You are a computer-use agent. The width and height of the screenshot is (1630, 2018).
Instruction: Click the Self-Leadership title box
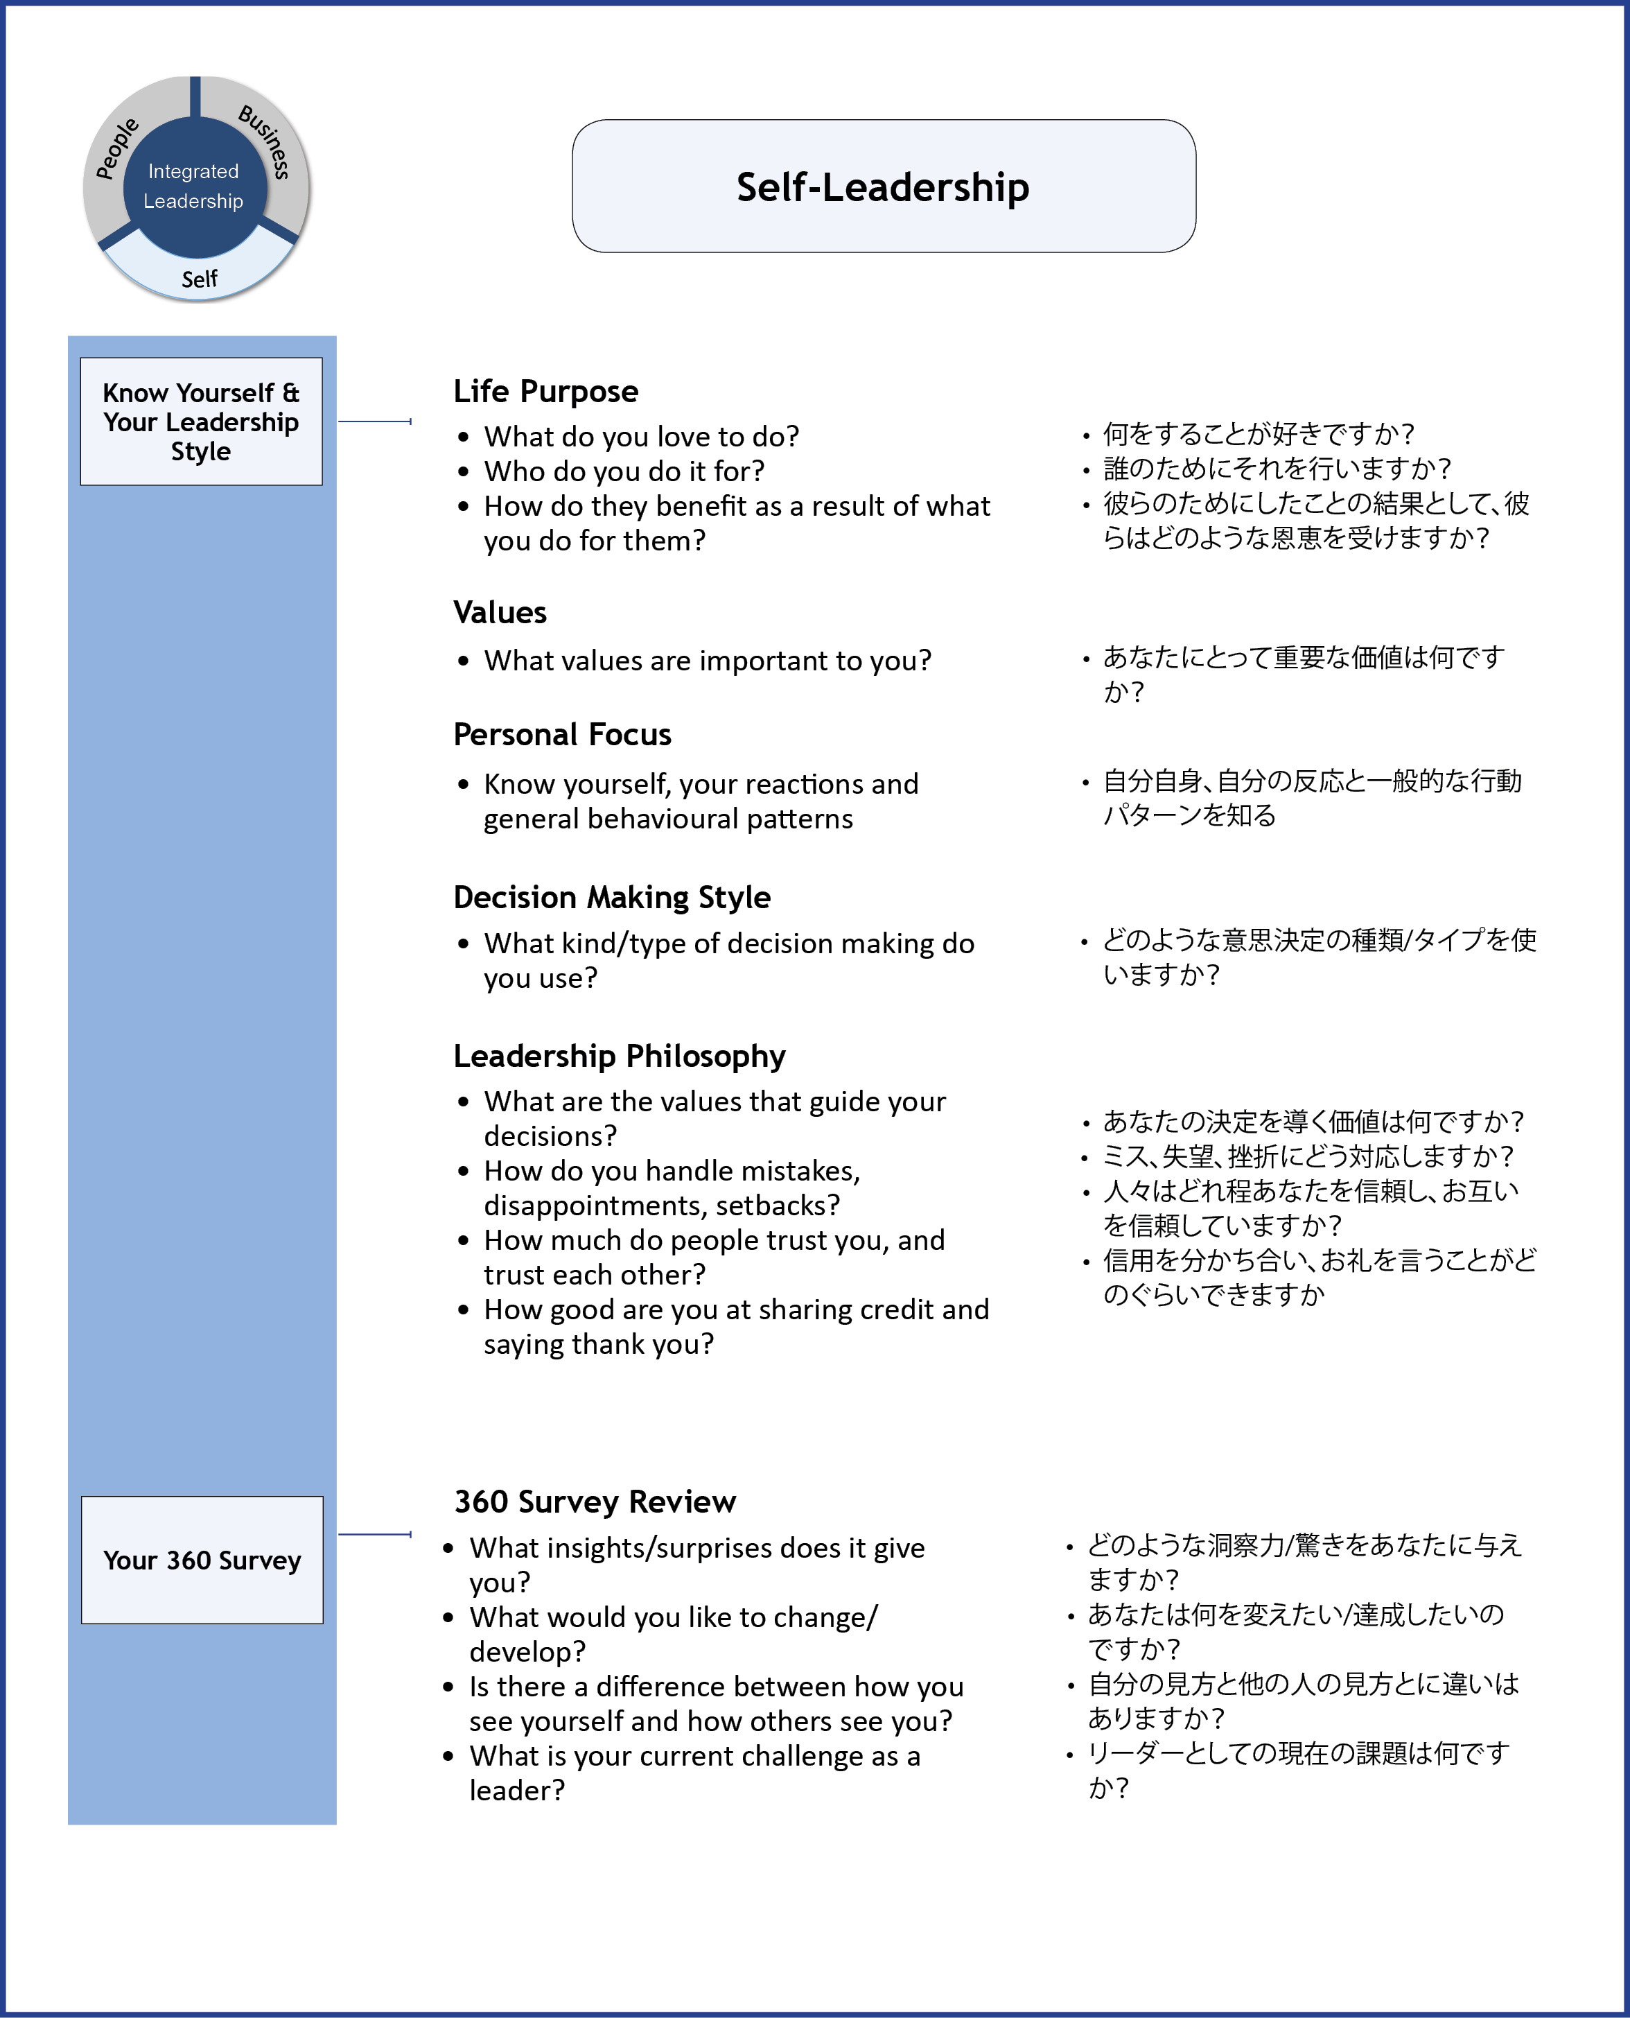[883, 186]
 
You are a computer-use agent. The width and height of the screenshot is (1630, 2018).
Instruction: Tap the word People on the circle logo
[117, 148]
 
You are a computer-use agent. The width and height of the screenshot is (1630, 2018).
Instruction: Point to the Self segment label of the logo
[199, 279]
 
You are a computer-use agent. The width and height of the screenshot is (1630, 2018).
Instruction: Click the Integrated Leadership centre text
[193, 186]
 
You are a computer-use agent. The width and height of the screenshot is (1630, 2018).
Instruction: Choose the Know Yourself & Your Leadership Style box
[201, 421]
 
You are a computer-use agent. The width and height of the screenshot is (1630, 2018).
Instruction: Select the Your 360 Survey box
[202, 1560]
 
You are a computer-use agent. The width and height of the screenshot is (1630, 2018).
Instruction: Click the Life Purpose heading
[545, 391]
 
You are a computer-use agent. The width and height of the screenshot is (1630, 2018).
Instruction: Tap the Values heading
[500, 612]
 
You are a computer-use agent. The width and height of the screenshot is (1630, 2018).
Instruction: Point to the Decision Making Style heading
[611, 897]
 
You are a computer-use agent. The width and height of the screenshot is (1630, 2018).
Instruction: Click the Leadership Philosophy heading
[619, 1056]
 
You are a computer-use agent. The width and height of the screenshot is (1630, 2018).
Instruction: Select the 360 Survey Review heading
[595, 1502]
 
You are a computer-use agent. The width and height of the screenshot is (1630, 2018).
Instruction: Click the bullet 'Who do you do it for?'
[624, 471]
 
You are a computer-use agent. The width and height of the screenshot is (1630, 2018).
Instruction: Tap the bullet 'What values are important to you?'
[707, 660]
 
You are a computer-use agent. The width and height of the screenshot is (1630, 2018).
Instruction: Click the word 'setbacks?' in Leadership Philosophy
[780, 1205]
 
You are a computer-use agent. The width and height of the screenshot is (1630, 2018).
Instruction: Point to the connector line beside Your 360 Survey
[375, 1534]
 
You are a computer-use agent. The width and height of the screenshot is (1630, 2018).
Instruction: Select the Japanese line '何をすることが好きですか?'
[1258, 434]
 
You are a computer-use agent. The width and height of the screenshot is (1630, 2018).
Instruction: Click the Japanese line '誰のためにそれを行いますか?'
[1277, 468]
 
